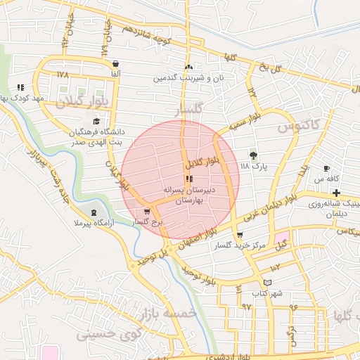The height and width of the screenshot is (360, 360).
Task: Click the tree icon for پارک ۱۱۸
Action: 254,155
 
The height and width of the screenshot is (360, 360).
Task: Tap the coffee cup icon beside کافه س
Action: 326,168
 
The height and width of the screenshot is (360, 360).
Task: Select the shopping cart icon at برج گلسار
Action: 146,211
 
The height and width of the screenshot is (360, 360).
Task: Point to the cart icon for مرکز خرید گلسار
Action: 240,235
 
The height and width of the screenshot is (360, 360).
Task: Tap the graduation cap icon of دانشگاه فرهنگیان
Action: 96,121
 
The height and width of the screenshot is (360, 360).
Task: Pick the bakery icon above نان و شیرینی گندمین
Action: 188,67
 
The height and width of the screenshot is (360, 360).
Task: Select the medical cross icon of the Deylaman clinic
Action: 337,193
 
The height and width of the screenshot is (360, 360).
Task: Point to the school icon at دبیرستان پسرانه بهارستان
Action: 188,179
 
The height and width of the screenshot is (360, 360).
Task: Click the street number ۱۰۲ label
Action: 274,266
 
